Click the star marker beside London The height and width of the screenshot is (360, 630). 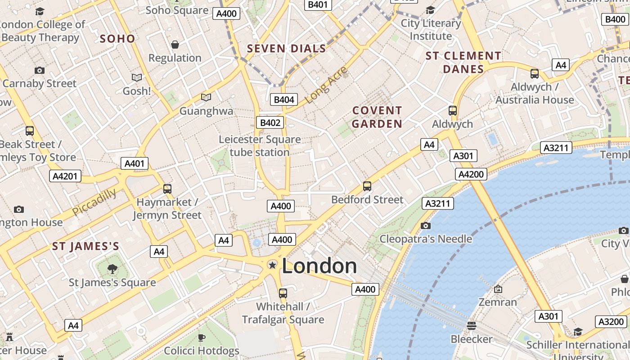272,265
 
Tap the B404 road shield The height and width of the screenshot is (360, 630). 284,99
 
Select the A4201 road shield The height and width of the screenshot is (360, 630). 65,176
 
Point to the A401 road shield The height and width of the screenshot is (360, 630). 135,163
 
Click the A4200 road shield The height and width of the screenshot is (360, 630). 471,174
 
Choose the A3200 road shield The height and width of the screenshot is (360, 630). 611,321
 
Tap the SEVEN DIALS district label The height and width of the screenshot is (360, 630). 287,49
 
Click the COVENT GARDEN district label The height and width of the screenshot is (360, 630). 377,117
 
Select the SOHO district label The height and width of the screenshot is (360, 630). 117,39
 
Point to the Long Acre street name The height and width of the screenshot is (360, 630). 327,84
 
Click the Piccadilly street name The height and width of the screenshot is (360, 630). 94,202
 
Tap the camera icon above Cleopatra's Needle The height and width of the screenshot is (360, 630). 425,225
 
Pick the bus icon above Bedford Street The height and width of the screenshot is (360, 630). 367,186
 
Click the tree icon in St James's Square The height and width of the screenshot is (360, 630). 112,269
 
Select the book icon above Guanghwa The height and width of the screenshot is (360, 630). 206,97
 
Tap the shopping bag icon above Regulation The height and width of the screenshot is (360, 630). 175,44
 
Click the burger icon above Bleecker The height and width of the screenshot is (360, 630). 472,325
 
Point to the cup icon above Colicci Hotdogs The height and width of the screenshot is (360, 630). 202,337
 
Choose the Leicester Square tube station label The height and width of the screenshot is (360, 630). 260,146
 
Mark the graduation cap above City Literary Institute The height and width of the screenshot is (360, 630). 431,10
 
